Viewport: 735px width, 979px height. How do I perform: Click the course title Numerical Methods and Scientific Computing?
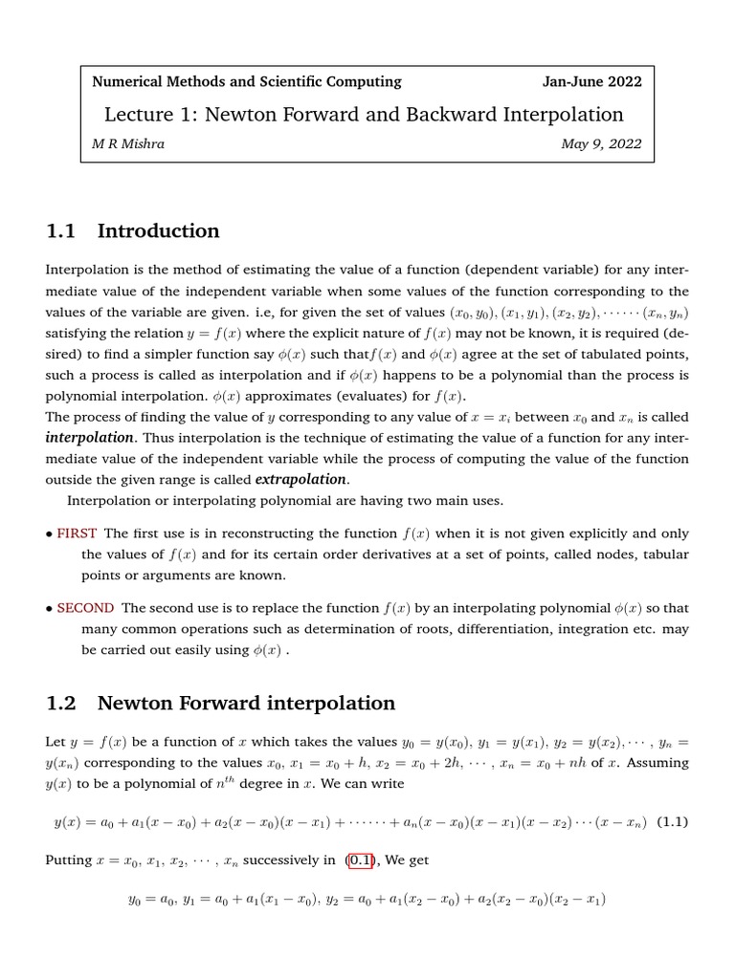click(x=246, y=81)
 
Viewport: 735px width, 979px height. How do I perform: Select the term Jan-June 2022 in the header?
click(x=591, y=81)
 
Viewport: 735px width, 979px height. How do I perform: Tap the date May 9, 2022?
click(x=601, y=144)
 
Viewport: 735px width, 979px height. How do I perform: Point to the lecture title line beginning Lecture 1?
click(x=364, y=115)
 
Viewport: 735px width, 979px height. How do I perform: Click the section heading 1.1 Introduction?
click(x=133, y=230)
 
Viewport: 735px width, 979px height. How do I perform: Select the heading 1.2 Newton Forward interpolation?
click(x=220, y=703)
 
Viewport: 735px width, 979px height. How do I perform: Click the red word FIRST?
click(x=78, y=533)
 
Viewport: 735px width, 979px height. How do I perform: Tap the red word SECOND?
click(x=86, y=607)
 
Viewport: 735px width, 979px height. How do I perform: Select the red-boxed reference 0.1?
click(x=361, y=860)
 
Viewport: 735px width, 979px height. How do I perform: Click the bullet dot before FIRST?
click(x=50, y=533)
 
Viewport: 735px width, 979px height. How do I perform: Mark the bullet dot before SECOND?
click(x=50, y=608)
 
